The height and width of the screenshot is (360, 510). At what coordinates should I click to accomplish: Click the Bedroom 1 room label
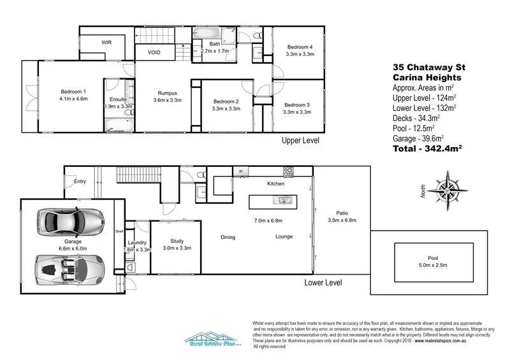(x=73, y=90)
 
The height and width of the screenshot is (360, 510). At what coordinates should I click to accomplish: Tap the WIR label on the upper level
(x=107, y=43)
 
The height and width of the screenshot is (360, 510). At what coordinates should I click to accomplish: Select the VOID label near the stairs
(x=154, y=52)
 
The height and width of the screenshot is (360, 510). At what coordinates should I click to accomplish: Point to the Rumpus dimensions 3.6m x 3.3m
(x=168, y=100)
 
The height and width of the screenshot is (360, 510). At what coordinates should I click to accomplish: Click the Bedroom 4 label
(x=299, y=47)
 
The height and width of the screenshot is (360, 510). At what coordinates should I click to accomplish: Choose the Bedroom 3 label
(x=297, y=104)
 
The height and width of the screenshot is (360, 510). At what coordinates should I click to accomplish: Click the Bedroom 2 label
(x=226, y=101)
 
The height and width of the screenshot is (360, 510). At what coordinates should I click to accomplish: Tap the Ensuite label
(x=118, y=99)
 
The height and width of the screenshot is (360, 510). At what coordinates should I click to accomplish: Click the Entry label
(x=80, y=182)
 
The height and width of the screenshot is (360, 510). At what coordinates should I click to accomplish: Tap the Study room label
(x=177, y=241)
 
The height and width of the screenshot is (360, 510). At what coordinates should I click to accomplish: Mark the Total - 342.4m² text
(x=426, y=147)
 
